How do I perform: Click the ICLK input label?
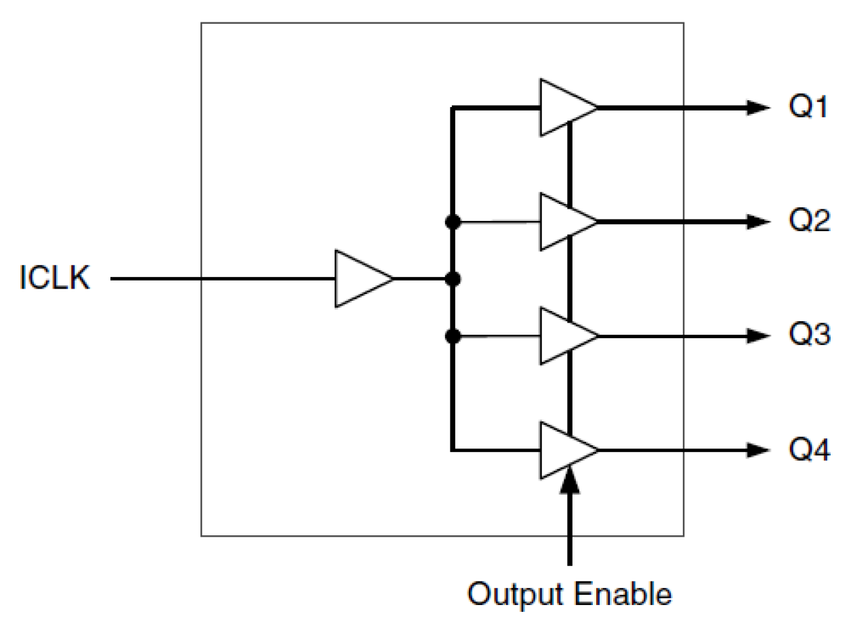[54, 279]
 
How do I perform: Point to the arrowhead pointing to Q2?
[757, 222]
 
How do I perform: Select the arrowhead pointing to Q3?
[757, 336]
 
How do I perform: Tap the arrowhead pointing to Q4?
[757, 450]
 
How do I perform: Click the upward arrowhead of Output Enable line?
[570, 480]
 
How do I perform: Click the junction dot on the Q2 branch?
[452, 222]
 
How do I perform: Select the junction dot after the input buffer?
[452, 278]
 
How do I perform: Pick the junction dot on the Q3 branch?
[452, 336]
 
